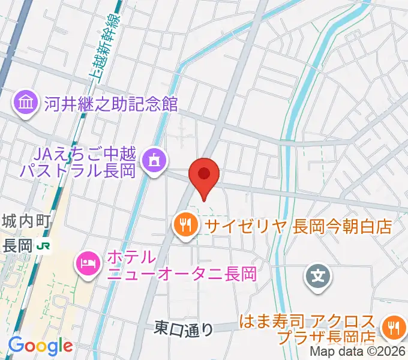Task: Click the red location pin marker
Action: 204,176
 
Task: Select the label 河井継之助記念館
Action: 110,103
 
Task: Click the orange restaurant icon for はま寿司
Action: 394,328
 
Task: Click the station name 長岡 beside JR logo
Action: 17,245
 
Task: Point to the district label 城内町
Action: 25,221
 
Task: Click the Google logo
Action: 40,345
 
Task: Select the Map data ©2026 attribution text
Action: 356,352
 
